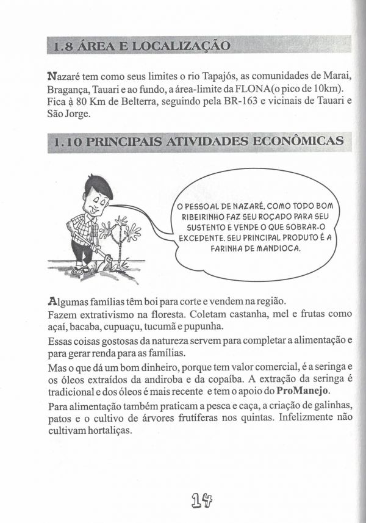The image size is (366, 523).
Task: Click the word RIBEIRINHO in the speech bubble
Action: [x=203, y=217]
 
